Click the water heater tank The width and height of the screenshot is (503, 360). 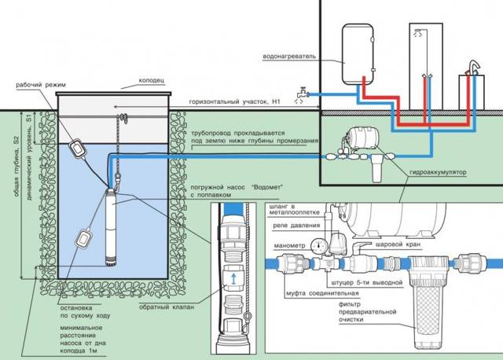(x=358, y=54)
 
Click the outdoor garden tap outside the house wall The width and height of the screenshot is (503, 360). (x=302, y=94)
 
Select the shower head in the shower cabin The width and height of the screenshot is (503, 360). (x=417, y=31)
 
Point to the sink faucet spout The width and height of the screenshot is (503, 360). (x=475, y=65)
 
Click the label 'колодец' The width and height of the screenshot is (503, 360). (x=152, y=80)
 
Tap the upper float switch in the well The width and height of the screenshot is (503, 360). (x=77, y=148)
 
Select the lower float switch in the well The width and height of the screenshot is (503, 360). (x=84, y=237)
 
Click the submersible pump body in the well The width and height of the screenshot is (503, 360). (x=111, y=227)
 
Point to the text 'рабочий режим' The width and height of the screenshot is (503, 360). (x=41, y=85)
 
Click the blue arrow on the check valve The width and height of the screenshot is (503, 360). (x=234, y=278)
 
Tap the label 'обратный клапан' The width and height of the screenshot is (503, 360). (x=167, y=307)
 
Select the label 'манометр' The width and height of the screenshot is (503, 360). (x=289, y=246)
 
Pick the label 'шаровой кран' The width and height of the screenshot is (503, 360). (x=398, y=244)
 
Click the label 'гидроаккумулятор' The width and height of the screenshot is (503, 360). (x=438, y=172)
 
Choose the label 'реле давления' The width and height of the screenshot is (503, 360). (x=297, y=226)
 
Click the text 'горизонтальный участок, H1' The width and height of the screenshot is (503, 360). (x=234, y=101)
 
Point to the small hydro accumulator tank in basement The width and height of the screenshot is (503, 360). (x=363, y=138)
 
